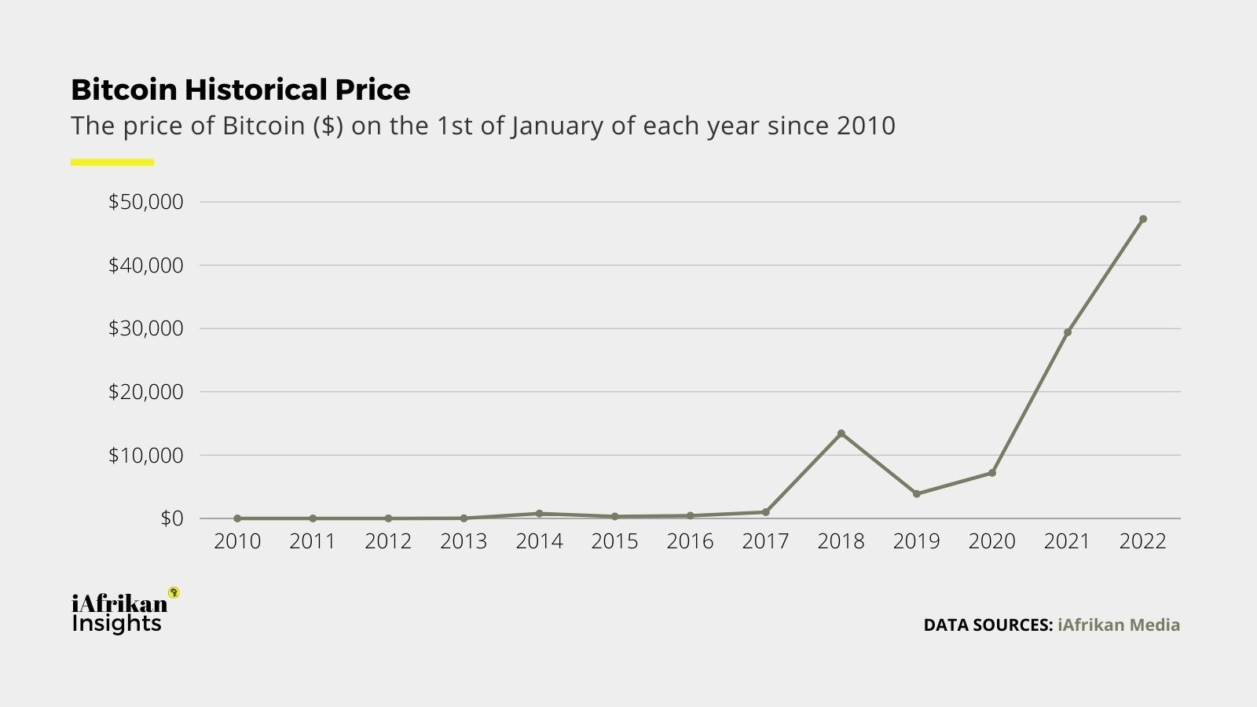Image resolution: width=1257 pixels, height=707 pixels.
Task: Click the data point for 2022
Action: click(1142, 219)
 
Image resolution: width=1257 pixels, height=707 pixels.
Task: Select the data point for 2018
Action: click(841, 434)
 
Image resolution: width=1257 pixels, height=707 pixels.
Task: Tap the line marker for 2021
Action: click(1067, 332)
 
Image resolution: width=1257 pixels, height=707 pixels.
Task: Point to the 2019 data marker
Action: click(916, 494)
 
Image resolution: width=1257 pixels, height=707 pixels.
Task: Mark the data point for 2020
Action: click(991, 473)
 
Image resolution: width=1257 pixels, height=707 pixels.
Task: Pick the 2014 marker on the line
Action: click(539, 514)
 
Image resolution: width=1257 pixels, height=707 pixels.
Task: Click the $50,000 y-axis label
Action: click(145, 202)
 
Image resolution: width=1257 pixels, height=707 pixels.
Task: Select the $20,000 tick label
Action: click(145, 391)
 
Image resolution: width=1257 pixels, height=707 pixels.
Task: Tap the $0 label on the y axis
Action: click(171, 518)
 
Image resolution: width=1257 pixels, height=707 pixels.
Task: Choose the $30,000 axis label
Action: click(145, 328)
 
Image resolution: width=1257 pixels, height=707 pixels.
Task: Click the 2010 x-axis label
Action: click(237, 541)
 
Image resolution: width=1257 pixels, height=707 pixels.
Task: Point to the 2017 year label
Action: click(765, 541)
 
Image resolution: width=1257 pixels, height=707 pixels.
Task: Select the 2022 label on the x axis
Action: click(1142, 541)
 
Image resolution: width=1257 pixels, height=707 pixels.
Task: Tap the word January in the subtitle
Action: click(558, 126)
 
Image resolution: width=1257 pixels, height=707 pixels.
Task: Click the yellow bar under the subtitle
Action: click(112, 163)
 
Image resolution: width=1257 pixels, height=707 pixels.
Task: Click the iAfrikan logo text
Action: click(119, 603)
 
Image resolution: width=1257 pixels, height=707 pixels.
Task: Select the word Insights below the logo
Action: click(116, 624)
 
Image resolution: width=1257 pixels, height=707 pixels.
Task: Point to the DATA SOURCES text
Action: click(988, 625)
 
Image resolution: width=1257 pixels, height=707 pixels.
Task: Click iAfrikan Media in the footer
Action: click(1119, 625)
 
